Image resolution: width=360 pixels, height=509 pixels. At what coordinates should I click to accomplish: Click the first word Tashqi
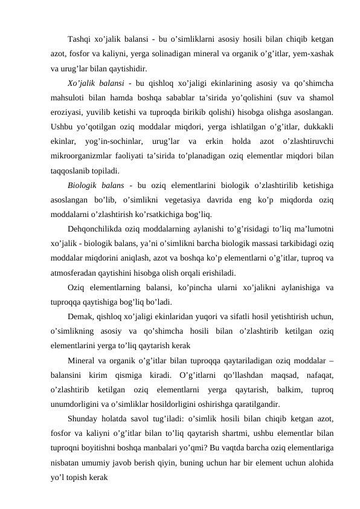[79, 41]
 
